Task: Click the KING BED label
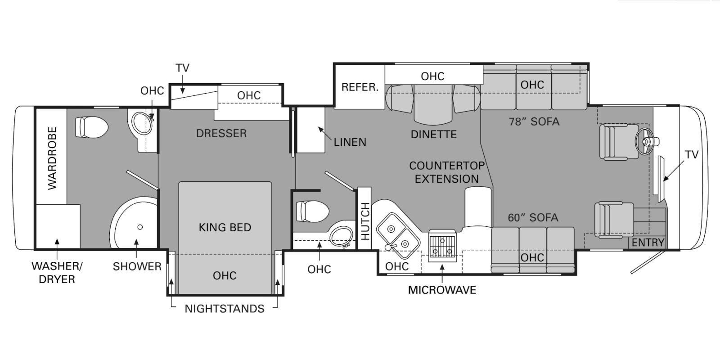pyautogui.click(x=225, y=227)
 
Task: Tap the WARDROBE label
pyautogui.click(x=52, y=158)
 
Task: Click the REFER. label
pyautogui.click(x=360, y=87)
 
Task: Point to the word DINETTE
pyautogui.click(x=434, y=135)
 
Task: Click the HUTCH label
pyautogui.click(x=365, y=221)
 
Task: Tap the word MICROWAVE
pyautogui.click(x=442, y=290)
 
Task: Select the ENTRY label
pyautogui.click(x=648, y=243)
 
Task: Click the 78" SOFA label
pyautogui.click(x=534, y=121)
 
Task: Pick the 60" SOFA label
pyautogui.click(x=533, y=218)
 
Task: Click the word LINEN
pyautogui.click(x=350, y=142)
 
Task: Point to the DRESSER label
pyautogui.click(x=221, y=133)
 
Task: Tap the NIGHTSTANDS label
pyautogui.click(x=225, y=309)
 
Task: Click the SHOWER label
pyautogui.click(x=137, y=266)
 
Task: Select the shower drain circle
pyautogui.click(x=140, y=227)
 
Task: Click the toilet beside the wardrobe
pyautogui.click(x=92, y=127)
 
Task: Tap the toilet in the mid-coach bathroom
pyautogui.click(x=312, y=211)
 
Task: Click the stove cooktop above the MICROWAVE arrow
pyautogui.click(x=442, y=246)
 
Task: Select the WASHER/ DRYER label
pyautogui.click(x=57, y=273)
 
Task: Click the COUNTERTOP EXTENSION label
pyautogui.click(x=447, y=172)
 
